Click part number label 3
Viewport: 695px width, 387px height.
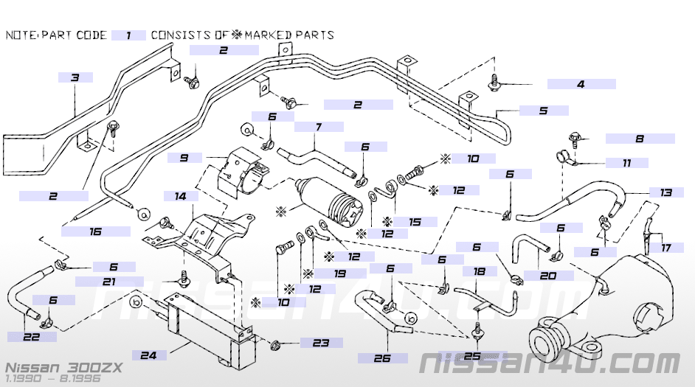pos(75,77)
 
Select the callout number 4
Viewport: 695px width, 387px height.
pos(581,85)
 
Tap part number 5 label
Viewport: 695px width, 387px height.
pos(544,111)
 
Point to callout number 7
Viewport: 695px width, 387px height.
pos(319,127)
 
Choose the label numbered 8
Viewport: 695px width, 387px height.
pos(640,139)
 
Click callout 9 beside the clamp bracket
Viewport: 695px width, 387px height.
pos(184,158)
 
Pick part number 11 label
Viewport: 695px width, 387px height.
pos(626,162)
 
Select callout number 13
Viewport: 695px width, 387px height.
pos(666,192)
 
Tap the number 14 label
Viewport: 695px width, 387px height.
pos(180,197)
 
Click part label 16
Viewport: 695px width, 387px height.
pos(95,231)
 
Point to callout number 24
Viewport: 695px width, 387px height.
pos(148,355)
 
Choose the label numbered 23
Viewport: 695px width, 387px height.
pos(320,342)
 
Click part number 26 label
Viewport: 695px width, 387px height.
pos(382,358)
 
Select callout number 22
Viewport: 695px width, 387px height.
pos(30,337)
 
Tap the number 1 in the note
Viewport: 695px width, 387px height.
pos(129,35)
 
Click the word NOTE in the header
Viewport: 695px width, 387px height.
pos(21,35)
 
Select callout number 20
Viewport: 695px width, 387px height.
pos(547,276)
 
